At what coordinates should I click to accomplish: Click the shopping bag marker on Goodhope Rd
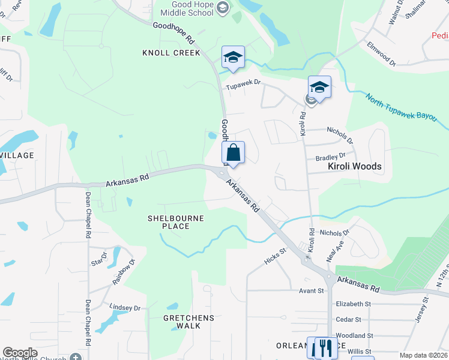pyautogui.click(x=234, y=153)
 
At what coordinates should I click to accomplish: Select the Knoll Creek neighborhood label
pyautogui.click(x=171, y=53)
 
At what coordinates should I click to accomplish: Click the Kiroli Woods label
pyautogui.click(x=355, y=166)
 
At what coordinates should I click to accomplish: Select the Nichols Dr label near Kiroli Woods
pyautogui.click(x=340, y=135)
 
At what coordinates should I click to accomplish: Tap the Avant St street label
pyautogui.click(x=312, y=291)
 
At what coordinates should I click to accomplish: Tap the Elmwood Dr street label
pyautogui.click(x=382, y=53)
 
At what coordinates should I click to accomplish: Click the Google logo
pyautogui.click(x=20, y=353)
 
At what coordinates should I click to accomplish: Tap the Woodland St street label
pyautogui.click(x=355, y=335)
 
